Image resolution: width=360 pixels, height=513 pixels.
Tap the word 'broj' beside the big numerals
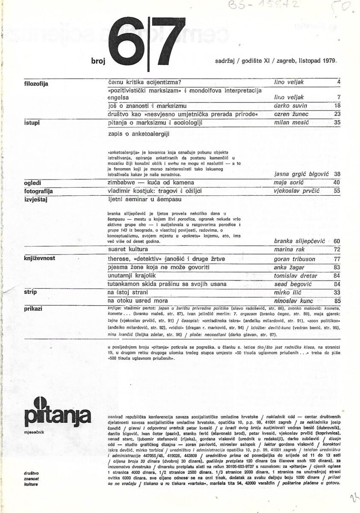click(x=97, y=61)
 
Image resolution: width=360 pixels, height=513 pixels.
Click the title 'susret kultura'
click(x=127, y=249)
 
